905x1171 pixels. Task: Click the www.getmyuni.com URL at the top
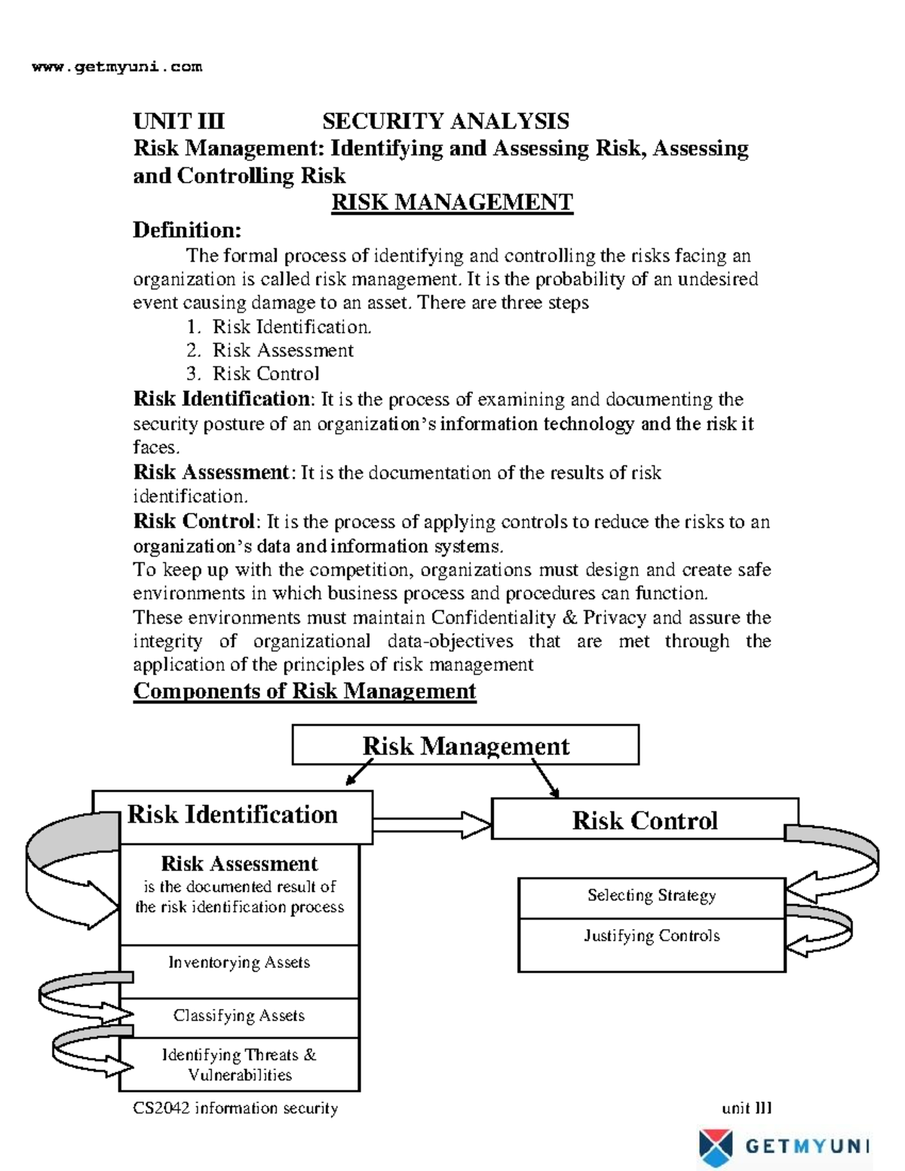(x=117, y=66)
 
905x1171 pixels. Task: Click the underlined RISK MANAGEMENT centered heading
(x=452, y=202)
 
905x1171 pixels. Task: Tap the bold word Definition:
(x=187, y=229)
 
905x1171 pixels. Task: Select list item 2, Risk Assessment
(x=282, y=350)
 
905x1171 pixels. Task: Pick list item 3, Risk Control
(x=265, y=373)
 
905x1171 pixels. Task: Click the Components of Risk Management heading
(x=304, y=691)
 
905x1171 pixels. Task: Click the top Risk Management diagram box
(x=465, y=745)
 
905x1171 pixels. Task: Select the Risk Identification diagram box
(x=232, y=815)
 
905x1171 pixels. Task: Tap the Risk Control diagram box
(x=644, y=820)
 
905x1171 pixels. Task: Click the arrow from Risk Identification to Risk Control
(x=432, y=824)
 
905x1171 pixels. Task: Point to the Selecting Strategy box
(x=652, y=896)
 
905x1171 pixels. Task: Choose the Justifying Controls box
(x=652, y=936)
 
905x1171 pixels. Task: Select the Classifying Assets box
(x=239, y=1016)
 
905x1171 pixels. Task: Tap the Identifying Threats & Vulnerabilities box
(x=239, y=1065)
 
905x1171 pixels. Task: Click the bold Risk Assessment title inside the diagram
(x=239, y=863)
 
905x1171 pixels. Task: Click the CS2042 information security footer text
(x=235, y=1108)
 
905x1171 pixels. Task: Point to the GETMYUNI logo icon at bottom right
(x=715, y=1147)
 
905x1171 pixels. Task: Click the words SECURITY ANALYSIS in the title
(x=446, y=121)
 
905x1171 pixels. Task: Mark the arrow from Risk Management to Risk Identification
(x=360, y=772)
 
